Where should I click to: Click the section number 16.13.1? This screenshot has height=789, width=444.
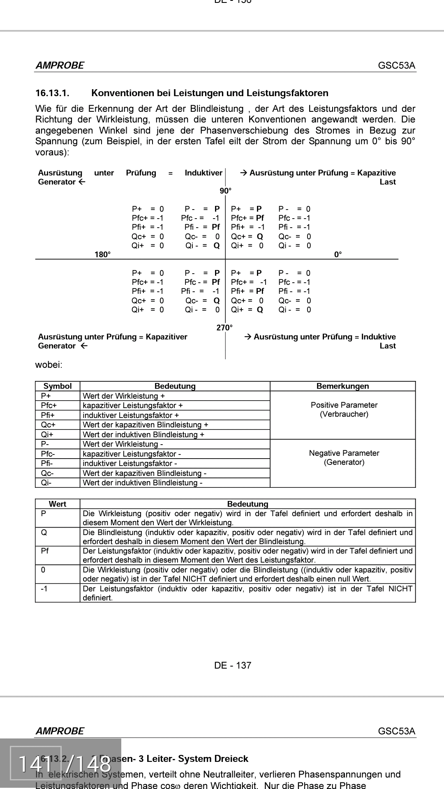[x=52, y=93]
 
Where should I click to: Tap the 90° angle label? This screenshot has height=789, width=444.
[x=225, y=191]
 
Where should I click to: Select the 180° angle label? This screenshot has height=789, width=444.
[x=102, y=255]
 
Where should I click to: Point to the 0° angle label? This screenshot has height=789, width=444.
[x=338, y=255]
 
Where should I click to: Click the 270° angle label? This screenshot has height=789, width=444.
[x=224, y=328]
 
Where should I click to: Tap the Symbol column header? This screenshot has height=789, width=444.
[x=58, y=386]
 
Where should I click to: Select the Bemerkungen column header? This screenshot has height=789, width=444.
[x=342, y=386]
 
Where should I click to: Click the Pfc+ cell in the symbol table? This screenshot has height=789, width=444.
[x=49, y=406]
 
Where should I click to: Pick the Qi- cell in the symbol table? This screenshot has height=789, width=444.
[x=46, y=483]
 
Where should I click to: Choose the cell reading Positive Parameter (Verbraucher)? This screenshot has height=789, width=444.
[x=344, y=410]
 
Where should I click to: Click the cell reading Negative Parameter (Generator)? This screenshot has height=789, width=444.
[x=344, y=458]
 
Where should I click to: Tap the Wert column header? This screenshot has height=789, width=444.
[x=58, y=504]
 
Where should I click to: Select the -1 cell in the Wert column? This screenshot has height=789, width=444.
[x=44, y=589]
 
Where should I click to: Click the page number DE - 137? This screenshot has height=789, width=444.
[x=232, y=666]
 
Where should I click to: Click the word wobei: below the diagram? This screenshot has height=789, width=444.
[x=49, y=365]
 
